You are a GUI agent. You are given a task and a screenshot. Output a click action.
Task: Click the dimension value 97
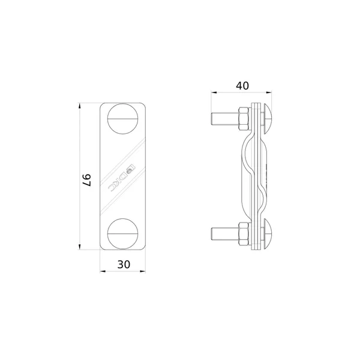coord(87,180)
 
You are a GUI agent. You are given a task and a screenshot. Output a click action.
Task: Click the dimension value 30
coord(124,265)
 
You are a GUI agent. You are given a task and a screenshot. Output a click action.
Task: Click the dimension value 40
coord(242,86)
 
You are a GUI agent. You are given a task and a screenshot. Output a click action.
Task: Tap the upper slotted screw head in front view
coord(123,119)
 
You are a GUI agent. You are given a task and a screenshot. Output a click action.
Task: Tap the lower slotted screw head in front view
coord(123,234)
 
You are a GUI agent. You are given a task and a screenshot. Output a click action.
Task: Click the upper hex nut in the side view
coord(244,119)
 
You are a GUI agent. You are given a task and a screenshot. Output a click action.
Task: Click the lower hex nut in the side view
coord(244,234)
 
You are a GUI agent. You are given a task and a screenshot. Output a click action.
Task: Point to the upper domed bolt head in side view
coord(267,119)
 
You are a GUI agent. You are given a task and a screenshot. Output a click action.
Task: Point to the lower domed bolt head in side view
coord(267,234)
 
